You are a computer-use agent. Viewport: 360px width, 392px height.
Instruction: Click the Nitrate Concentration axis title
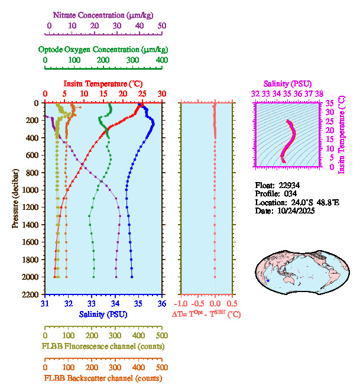[104, 14]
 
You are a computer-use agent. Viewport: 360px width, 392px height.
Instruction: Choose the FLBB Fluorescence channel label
[103, 346]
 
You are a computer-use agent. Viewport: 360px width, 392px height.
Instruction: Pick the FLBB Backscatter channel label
[103, 378]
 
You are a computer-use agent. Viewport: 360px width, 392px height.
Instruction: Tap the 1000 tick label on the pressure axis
[31, 190]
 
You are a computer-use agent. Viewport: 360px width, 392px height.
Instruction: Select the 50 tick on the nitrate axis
[162, 25]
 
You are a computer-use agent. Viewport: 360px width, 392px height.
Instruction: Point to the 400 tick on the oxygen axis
[161, 60]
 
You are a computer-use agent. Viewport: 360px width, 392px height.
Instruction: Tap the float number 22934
[291, 185]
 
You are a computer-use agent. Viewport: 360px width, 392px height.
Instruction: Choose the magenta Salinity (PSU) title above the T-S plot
[287, 84]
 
